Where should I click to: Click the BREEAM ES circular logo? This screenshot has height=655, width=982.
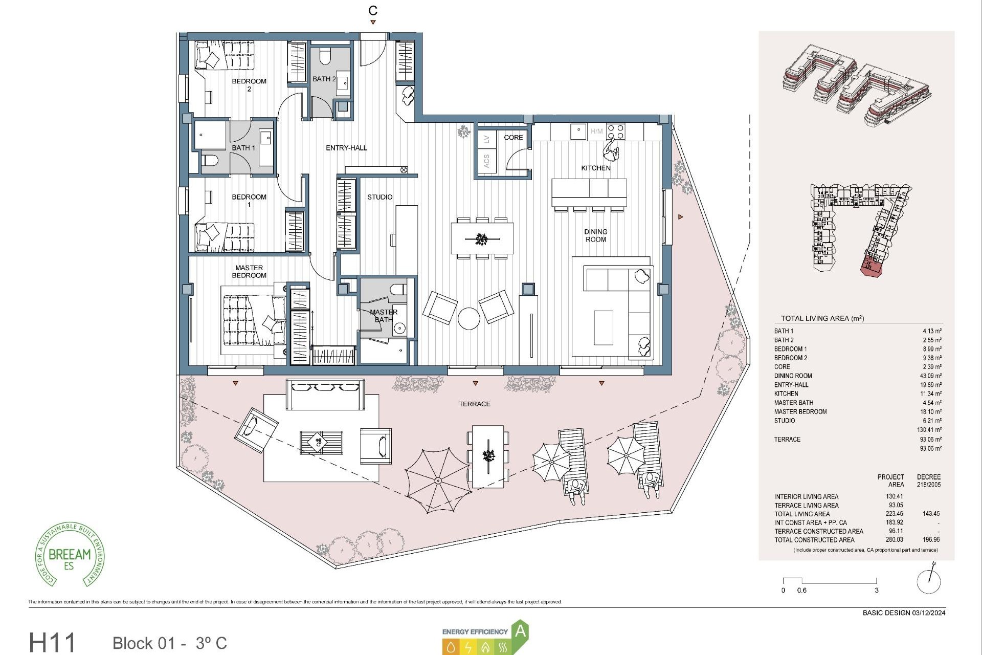coord(70,555)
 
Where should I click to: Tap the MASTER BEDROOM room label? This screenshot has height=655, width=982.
coord(249,271)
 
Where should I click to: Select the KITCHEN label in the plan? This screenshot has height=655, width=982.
coord(595,168)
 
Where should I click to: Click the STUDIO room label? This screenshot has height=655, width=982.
coord(380,197)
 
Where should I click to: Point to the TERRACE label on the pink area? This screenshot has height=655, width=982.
coord(474,404)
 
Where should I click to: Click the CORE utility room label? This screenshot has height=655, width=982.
coord(513,137)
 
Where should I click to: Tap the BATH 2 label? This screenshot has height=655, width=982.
coord(324,79)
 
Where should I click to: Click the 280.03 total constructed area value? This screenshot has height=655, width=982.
coord(895,539)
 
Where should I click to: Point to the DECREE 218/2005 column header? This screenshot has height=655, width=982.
coord(928,480)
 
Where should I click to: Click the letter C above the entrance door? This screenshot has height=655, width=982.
coord(373,10)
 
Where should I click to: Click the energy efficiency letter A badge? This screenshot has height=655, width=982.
coord(520,631)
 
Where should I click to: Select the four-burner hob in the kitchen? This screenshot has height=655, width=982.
coord(615,132)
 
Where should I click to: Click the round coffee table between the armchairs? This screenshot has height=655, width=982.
coord(468,318)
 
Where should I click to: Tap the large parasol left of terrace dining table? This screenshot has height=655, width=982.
coord(438,481)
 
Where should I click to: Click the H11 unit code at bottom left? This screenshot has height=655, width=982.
coord(52,643)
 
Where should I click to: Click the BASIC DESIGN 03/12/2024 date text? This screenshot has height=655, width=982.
coord(904,613)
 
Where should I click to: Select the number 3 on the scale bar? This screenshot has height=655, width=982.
coord(876,590)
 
